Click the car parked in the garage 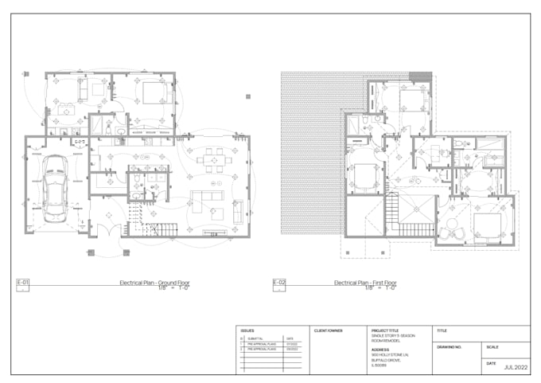point(55,188)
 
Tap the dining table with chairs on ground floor point(211,159)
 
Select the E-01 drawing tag point(22,283)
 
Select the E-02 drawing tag point(279,283)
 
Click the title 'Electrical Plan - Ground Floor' point(155,283)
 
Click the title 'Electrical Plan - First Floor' point(366,283)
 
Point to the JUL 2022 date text point(517,367)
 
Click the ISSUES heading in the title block point(247,330)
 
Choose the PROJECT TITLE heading point(387,330)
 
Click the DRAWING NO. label point(450,347)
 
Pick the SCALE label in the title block point(492,347)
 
